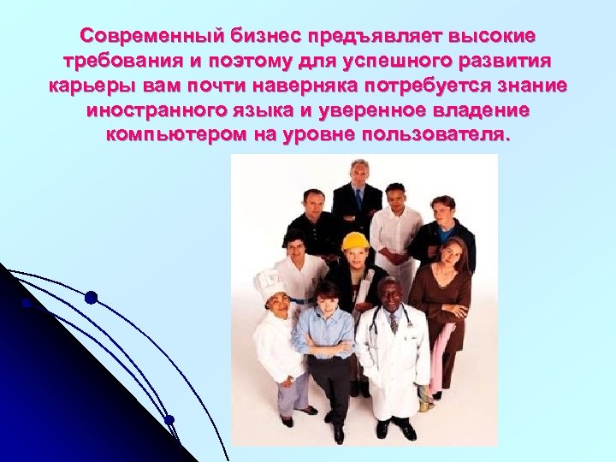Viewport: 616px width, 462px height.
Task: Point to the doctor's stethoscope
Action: point(381,323)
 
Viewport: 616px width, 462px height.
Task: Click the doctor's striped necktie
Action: point(393,321)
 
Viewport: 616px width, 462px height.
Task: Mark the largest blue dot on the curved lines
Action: point(91,298)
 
